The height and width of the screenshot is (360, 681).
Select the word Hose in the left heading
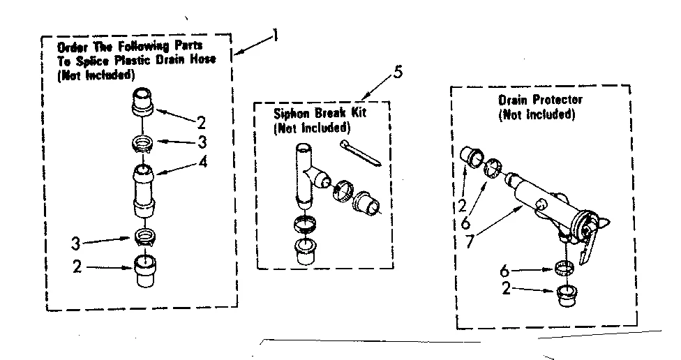[x=203, y=59]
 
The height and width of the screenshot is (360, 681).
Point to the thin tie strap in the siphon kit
[x=362, y=153]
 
